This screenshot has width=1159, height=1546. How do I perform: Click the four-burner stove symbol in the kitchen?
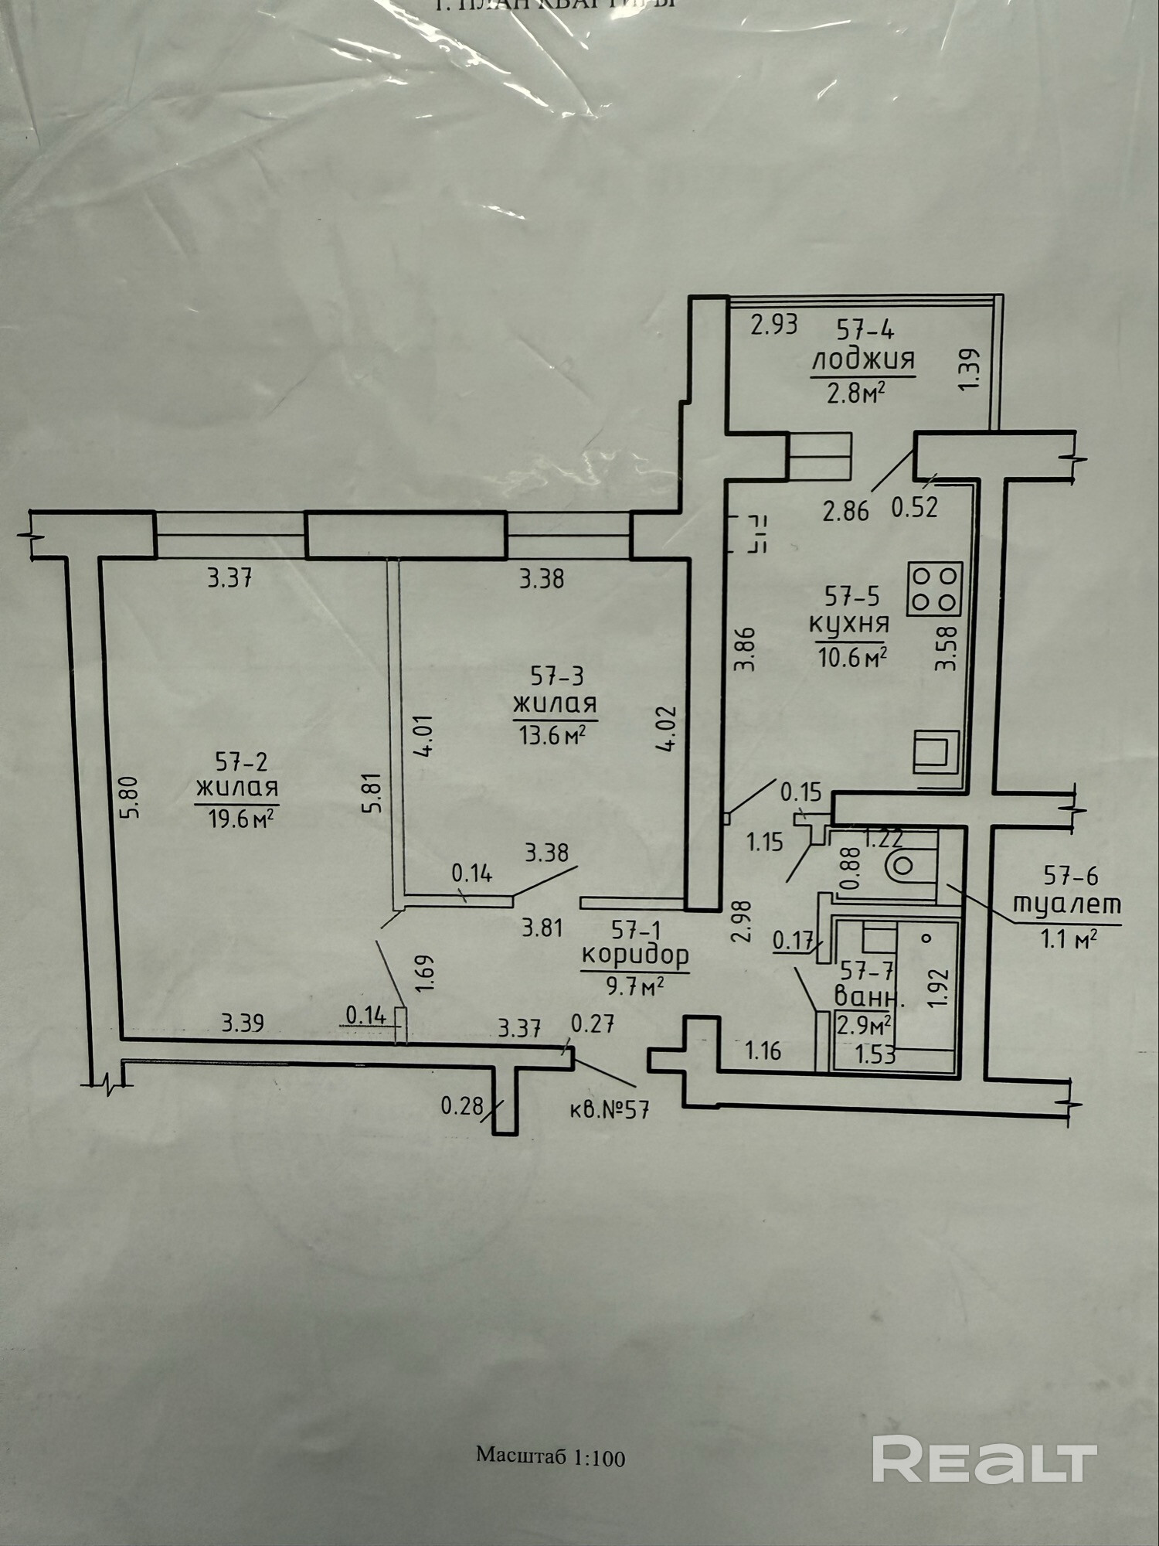[935, 589]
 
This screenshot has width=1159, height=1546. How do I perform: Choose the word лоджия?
[862, 359]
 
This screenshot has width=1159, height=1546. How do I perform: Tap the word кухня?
[849, 623]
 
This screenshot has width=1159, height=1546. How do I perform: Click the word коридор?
[634, 955]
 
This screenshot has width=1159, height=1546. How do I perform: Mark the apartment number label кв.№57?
[610, 1110]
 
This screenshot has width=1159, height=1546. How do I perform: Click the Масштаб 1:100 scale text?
[550, 1457]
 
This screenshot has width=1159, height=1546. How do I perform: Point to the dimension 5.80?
[129, 797]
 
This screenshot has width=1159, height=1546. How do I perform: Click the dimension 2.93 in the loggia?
[774, 324]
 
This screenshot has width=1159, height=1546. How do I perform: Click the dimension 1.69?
[424, 973]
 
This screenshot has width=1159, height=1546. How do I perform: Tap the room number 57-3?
[556, 676]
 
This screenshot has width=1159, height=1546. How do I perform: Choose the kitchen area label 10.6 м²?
[851, 658]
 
